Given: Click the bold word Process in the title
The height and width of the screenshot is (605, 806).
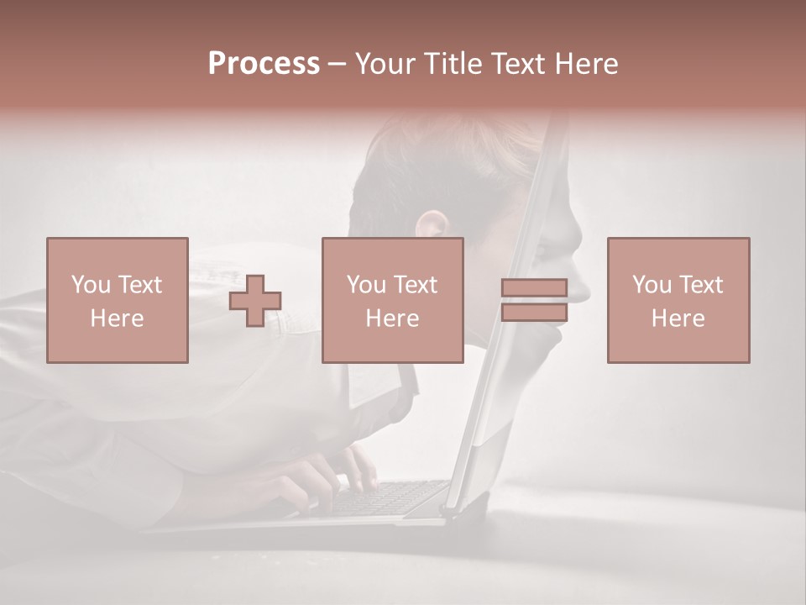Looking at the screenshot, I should coord(264,64).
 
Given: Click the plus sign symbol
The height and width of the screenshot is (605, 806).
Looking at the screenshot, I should coord(255,301).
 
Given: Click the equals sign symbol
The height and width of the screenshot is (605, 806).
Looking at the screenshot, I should coord(534,300).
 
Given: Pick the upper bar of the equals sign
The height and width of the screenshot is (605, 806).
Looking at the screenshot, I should coord(534,288).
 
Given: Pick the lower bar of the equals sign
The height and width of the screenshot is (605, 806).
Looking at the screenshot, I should coord(534,312).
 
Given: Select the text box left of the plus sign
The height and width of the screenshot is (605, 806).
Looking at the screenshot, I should coord(118,300).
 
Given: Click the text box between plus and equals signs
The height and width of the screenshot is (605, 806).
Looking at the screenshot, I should coord(393,300).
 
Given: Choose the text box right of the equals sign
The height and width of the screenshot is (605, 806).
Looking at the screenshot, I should coord(678,300).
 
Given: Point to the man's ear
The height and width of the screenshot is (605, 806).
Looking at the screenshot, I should coord(433,225).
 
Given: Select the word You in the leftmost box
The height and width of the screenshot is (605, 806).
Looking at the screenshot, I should coord(90,285).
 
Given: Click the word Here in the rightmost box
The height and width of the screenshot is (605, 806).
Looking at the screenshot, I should coord(678,318).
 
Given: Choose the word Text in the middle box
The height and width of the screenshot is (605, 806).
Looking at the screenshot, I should coord(416,285).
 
